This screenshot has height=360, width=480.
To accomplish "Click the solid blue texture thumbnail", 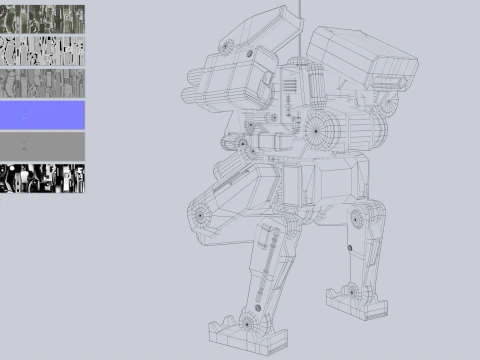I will (x=42, y=115).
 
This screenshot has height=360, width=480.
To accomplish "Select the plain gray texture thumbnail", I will (x=42, y=146).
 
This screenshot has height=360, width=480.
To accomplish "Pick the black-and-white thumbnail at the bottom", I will (x=42, y=178).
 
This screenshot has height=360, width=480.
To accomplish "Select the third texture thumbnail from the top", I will (x=42, y=83).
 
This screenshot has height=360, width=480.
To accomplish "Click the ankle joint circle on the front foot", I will (x=247, y=323).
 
